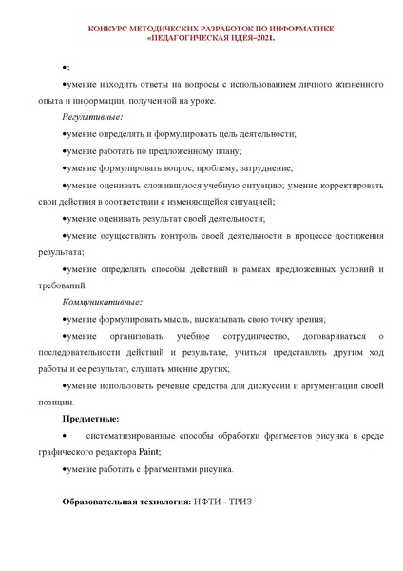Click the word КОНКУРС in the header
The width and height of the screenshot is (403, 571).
coord(110,30)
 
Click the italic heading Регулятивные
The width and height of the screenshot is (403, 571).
coord(92,118)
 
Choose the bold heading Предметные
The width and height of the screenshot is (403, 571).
coord(90,419)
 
